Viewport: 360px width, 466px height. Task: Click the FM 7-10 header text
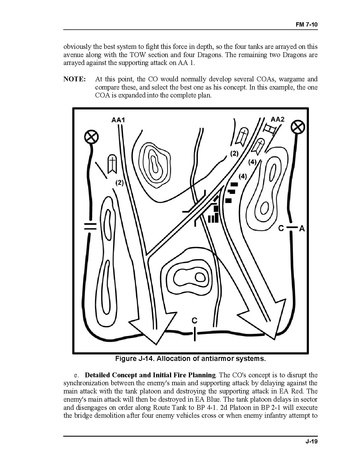pos(306,25)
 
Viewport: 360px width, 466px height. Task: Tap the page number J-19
pos(311,441)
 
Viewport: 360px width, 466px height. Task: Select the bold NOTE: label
pos(75,79)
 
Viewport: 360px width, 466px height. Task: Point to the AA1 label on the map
pos(118,120)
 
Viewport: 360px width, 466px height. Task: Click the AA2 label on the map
pos(277,119)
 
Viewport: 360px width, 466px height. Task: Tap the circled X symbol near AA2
pos(298,127)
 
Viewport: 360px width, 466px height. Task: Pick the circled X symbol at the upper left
pos(91,137)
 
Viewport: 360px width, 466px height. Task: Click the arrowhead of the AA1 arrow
pos(152,327)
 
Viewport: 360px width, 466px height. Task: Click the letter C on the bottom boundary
pos(195,320)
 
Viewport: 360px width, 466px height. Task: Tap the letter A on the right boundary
pos(302,229)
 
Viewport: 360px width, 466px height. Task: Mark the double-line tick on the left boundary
pos(90,226)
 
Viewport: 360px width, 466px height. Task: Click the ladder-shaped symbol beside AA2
pos(270,129)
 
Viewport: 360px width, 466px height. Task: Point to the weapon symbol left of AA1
pos(111,164)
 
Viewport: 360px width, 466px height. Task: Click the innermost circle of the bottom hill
pos(200,277)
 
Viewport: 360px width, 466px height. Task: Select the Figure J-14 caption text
pos(190,359)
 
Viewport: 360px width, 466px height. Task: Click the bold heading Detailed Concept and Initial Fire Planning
pos(150,375)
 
